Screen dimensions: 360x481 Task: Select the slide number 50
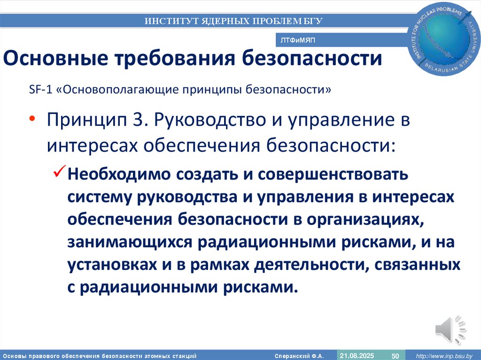[395, 355]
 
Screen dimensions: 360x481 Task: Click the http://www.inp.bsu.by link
[444, 355]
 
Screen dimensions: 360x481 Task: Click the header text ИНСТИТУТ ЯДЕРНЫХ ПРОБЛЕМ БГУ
[233, 21]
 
